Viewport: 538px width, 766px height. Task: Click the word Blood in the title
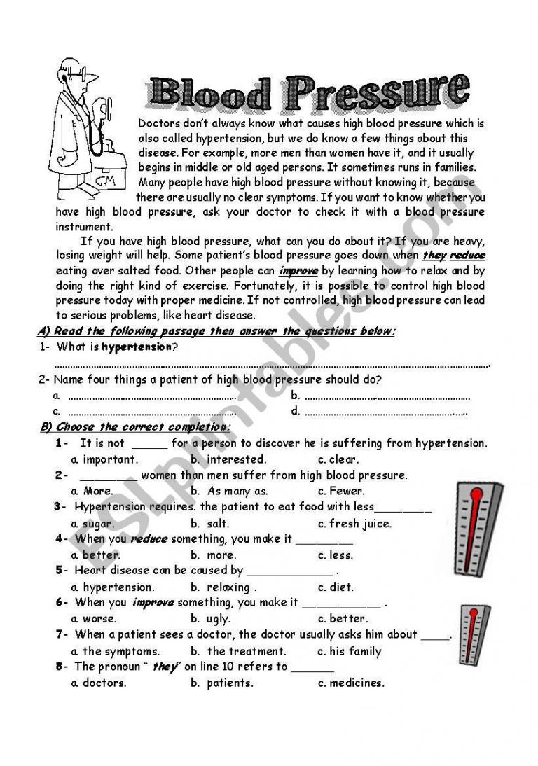pos(210,93)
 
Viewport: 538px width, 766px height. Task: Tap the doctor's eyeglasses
pos(78,73)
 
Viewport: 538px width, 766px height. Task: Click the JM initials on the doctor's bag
pos(106,181)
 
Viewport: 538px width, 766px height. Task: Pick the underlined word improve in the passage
pos(298,271)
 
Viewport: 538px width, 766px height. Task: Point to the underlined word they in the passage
pos(434,256)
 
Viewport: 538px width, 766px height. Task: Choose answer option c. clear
pos(338,459)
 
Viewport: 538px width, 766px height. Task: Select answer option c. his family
pos(350,651)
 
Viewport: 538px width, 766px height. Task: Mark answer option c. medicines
pos(351,683)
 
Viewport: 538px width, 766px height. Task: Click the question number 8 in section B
pos(60,667)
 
